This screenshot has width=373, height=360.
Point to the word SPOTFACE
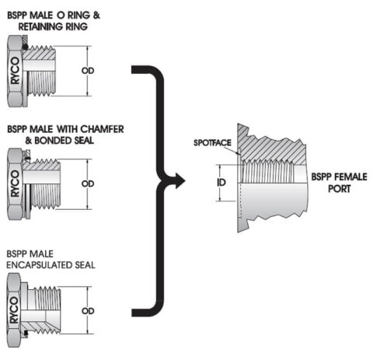[x=210, y=145]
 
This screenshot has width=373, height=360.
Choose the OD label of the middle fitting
[x=88, y=184]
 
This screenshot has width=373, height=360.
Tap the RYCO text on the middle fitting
[x=15, y=184]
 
